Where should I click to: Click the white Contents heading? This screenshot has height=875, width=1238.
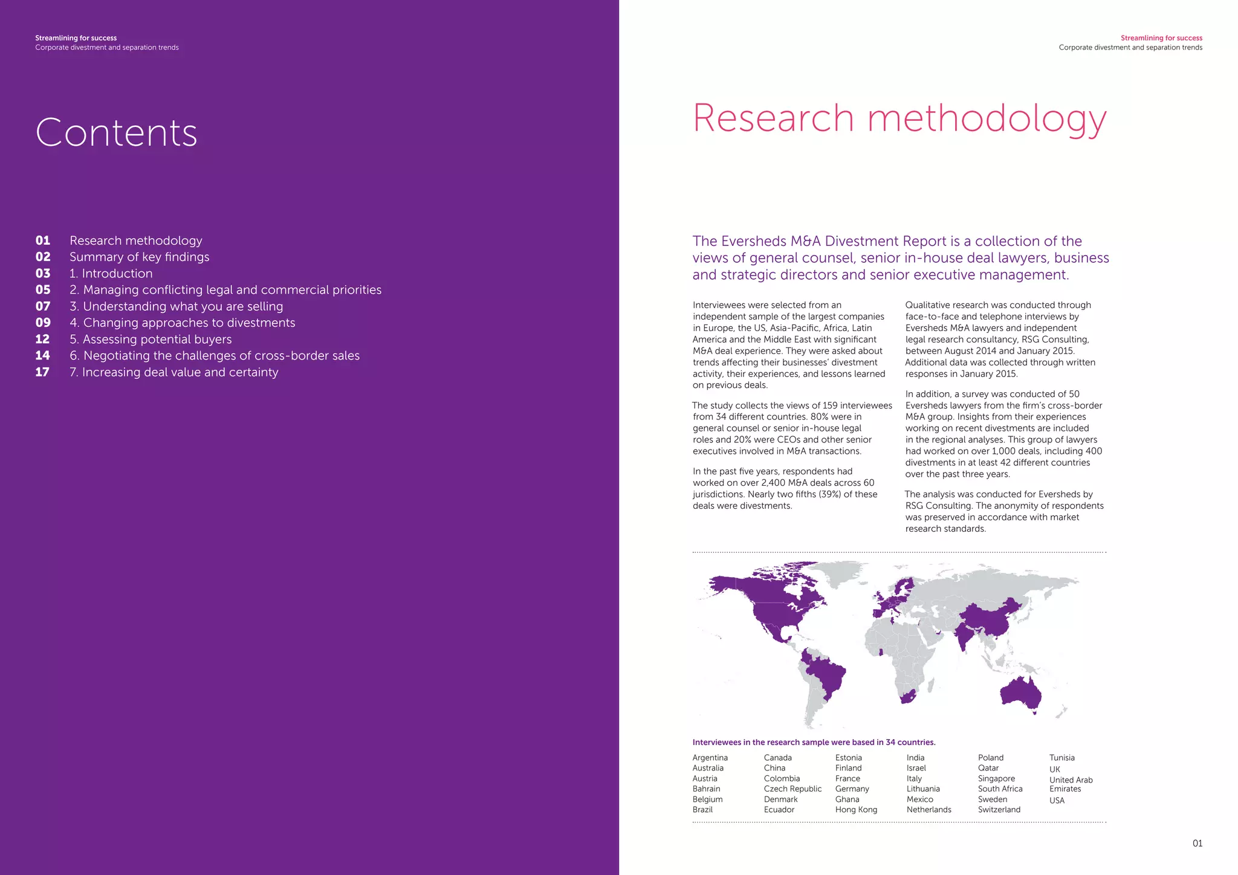(x=117, y=132)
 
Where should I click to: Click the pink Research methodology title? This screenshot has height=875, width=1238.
(x=899, y=118)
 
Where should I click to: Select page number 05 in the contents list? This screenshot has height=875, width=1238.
(x=43, y=290)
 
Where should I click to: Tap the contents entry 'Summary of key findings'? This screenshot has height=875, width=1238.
(x=139, y=257)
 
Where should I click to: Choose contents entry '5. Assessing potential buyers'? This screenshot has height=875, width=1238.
(x=151, y=340)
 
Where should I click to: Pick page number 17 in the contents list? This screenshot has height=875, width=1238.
(x=42, y=372)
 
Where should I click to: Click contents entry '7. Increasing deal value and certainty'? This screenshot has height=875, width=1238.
(x=173, y=372)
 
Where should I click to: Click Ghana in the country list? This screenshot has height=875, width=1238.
(x=847, y=799)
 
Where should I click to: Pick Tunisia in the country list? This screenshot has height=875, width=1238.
(x=1061, y=758)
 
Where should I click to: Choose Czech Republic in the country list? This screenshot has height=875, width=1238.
(x=792, y=789)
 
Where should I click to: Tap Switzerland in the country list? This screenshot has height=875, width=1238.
(x=999, y=810)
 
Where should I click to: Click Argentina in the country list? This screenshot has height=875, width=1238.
(x=710, y=758)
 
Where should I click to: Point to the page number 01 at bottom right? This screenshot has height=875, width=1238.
(x=1197, y=844)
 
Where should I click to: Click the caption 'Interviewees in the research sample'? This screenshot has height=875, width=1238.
(x=814, y=743)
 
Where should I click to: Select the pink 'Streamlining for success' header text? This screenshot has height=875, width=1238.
(x=1161, y=38)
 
